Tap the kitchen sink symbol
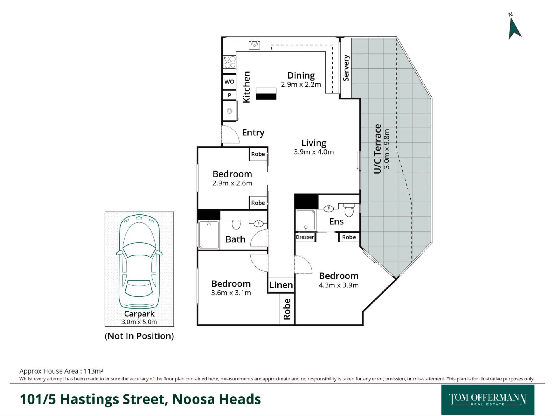[x=254, y=45]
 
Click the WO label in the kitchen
[x=229, y=82]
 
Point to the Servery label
[x=346, y=68]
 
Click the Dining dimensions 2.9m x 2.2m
[x=301, y=85]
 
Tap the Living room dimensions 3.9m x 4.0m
[x=314, y=152]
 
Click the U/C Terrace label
[x=378, y=149]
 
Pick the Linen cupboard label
[x=281, y=285]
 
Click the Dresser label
[x=305, y=237]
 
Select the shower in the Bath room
[x=209, y=235]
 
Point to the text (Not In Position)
[x=139, y=336]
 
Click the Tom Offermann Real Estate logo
[x=488, y=400]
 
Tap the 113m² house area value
[x=93, y=371]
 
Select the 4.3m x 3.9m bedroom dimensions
[x=338, y=285]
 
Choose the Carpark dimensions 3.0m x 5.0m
[x=139, y=322]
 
